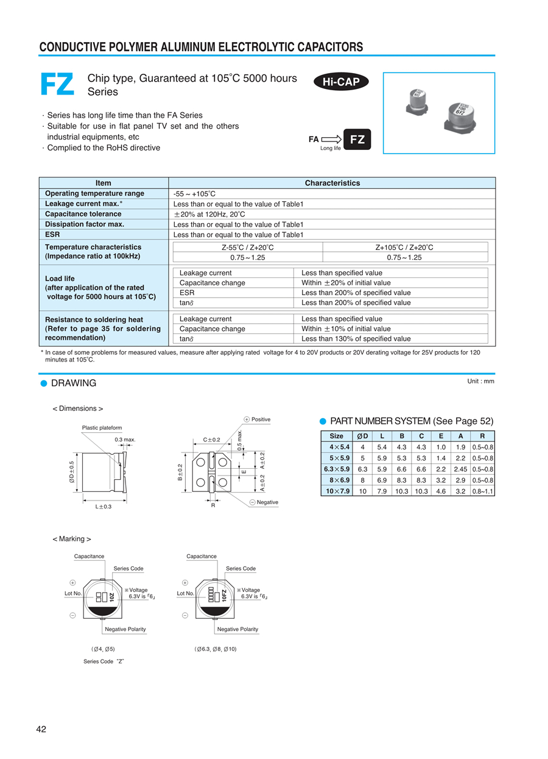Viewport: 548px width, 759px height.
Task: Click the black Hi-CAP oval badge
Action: pyautogui.click(x=341, y=82)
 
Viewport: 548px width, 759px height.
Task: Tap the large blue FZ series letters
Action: pyautogui.click(x=57, y=84)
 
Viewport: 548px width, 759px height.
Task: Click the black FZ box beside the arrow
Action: pyautogui.click(x=357, y=140)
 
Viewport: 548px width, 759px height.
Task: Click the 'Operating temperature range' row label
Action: pyautogui.click(x=94, y=193)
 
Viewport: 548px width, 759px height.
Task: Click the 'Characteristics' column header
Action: pyautogui.click(x=332, y=183)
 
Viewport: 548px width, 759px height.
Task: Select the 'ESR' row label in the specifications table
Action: pyautogui.click(x=52, y=234)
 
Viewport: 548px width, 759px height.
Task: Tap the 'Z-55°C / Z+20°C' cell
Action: pyautogui.click(x=247, y=247)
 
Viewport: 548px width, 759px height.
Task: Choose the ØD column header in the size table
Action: pyautogui.click(x=362, y=436)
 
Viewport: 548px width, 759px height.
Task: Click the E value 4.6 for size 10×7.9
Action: pyautogui.click(x=441, y=491)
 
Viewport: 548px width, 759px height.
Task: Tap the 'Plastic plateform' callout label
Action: pyautogui.click(x=102, y=427)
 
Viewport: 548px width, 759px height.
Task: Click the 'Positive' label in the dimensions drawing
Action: pyautogui.click(x=261, y=419)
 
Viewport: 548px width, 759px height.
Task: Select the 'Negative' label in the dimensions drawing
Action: pyautogui.click(x=267, y=502)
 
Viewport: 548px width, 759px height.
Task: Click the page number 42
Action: pyautogui.click(x=41, y=730)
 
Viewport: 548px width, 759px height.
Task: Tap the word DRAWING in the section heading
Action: pyautogui.click(x=74, y=383)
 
